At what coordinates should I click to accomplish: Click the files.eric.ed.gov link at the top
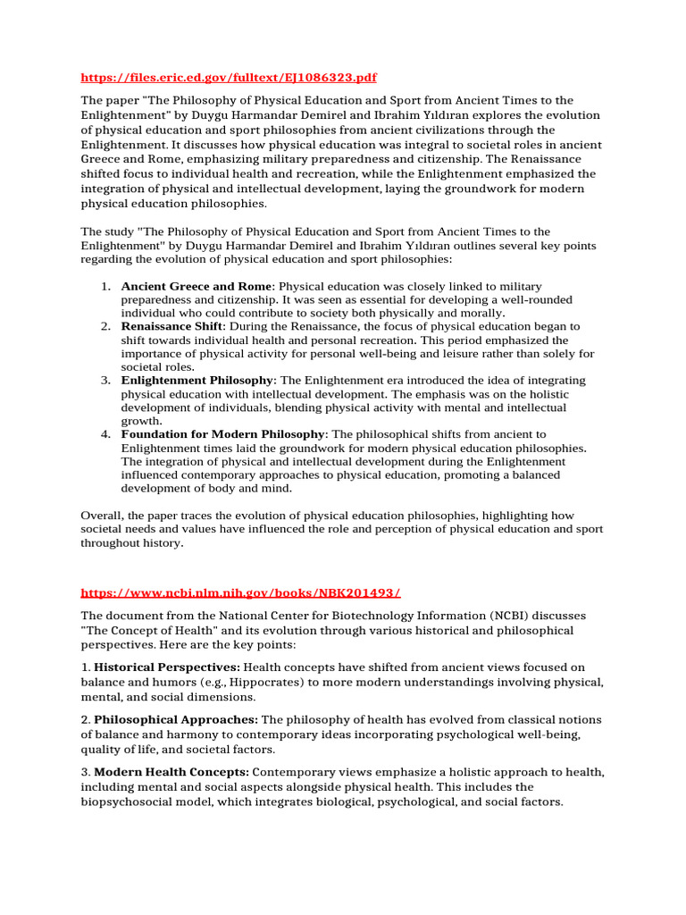click(x=222, y=78)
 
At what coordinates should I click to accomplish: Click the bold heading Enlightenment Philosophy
click(x=197, y=380)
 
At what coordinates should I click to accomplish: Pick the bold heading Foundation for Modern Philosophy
click(x=223, y=433)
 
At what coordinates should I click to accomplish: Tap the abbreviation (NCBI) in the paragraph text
click(x=511, y=617)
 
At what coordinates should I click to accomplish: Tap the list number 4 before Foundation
click(x=105, y=433)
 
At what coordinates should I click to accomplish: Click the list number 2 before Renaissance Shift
click(x=105, y=327)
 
